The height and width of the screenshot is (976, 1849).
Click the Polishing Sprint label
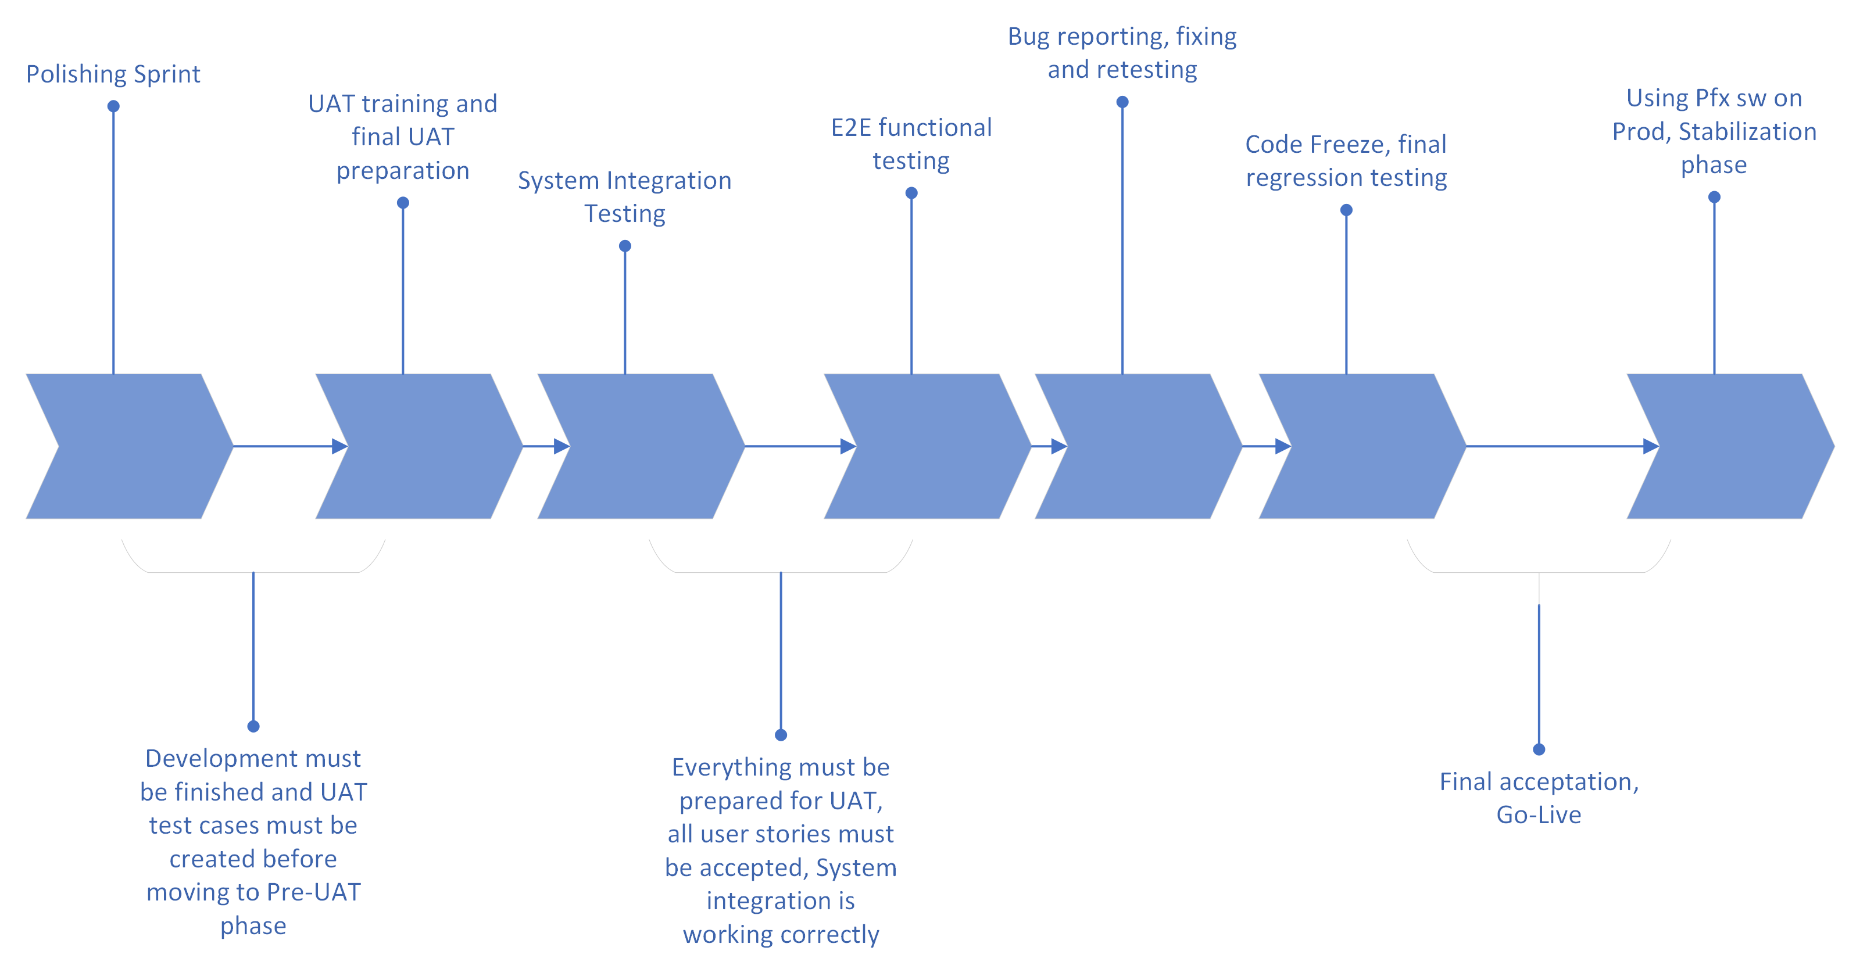click(113, 74)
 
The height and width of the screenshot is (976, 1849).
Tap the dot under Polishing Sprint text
click(113, 106)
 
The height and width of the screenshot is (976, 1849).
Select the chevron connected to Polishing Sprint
click(129, 446)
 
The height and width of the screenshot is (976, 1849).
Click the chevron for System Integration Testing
click(641, 446)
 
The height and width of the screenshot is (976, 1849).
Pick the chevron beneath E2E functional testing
click(927, 446)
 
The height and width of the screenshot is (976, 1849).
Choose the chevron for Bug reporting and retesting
click(1138, 446)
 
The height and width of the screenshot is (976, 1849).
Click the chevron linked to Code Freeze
click(1362, 446)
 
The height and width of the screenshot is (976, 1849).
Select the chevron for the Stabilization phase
click(1730, 446)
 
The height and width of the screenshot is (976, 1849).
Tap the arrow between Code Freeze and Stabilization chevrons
click(1558, 446)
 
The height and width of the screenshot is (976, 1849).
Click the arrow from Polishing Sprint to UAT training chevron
click(287, 446)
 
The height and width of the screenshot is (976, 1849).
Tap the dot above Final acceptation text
click(1539, 749)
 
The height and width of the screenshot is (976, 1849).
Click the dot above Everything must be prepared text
click(781, 735)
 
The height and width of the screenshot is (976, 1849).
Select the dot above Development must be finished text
click(253, 726)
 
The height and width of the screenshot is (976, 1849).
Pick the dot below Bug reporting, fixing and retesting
click(1122, 102)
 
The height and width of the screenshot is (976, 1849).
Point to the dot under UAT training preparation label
click(403, 203)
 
